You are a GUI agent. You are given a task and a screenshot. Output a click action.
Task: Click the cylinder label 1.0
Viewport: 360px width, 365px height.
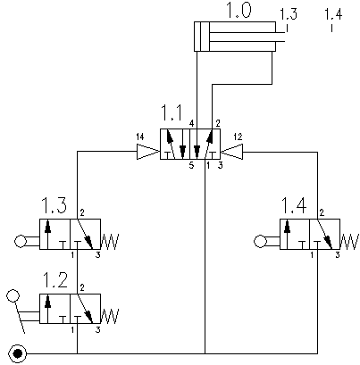click(239, 10)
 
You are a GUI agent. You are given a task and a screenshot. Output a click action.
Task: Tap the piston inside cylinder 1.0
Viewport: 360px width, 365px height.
click(202, 37)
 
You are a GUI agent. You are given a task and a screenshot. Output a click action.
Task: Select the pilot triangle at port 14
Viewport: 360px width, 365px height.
click(147, 152)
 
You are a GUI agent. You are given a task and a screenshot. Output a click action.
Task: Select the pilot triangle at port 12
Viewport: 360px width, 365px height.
click(232, 152)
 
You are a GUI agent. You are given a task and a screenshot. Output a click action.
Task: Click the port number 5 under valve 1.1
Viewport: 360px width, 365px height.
click(191, 166)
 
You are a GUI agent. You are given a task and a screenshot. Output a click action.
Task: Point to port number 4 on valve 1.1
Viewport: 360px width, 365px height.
click(192, 123)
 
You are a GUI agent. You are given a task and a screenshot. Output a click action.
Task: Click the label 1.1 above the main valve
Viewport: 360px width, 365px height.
click(172, 112)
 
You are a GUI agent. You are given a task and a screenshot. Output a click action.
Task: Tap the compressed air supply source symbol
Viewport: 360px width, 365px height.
click(18, 353)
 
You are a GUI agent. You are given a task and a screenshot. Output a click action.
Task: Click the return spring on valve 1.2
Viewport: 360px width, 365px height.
click(110, 316)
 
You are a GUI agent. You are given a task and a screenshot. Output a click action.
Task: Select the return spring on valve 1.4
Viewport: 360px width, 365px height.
click(349, 242)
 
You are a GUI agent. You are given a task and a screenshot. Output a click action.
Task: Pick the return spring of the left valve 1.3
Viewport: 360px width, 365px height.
click(110, 242)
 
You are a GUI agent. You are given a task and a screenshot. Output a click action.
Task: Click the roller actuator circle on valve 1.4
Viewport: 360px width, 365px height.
click(261, 241)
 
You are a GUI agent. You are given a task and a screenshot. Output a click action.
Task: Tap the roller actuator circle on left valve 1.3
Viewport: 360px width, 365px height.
click(21, 241)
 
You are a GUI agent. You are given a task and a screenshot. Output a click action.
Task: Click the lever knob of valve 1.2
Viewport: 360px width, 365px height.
click(13, 295)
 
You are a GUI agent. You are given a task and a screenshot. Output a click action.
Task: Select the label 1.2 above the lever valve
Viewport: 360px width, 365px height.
click(55, 280)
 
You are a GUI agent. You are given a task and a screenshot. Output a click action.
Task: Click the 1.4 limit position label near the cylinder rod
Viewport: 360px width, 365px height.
click(333, 14)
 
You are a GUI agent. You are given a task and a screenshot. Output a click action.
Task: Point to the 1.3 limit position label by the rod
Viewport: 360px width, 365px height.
click(289, 14)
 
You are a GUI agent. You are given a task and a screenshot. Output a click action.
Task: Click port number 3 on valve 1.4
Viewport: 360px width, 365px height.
click(338, 255)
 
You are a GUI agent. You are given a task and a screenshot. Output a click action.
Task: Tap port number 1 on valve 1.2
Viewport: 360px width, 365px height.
click(72, 329)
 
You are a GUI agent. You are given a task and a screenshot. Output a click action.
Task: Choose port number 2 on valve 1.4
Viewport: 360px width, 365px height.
click(322, 212)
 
